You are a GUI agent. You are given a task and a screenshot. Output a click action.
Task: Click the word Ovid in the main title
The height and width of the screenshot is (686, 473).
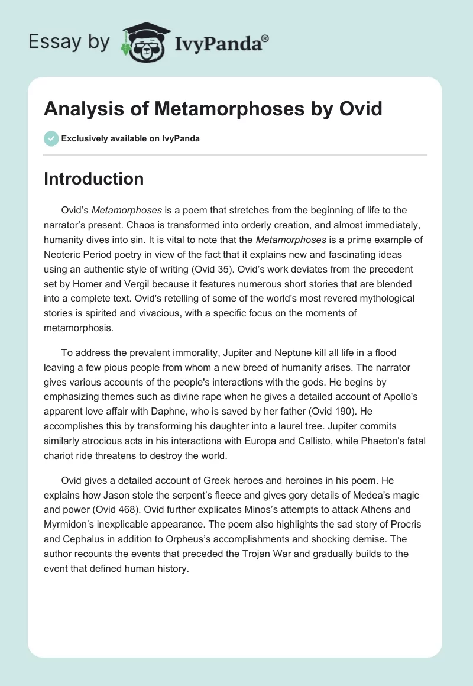coord(361,109)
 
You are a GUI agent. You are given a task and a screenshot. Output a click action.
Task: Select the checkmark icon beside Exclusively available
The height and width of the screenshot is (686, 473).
coord(51,138)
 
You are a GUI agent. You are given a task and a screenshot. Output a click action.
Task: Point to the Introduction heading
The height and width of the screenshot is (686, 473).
coord(93,179)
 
